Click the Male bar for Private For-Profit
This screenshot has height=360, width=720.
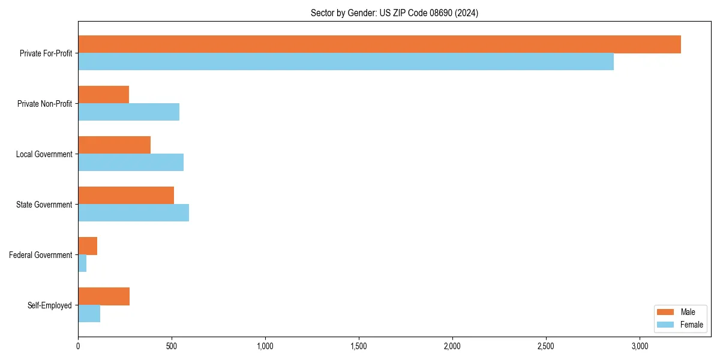(x=379, y=44)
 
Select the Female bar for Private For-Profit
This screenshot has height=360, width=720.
(x=346, y=62)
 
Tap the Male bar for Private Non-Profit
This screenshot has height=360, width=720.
(x=103, y=95)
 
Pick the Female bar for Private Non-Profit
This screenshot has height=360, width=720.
(x=128, y=112)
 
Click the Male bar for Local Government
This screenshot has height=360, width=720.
(x=114, y=145)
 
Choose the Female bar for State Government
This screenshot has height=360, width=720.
(x=133, y=213)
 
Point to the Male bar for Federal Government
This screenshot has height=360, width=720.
(x=88, y=246)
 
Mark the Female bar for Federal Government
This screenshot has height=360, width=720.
(x=82, y=263)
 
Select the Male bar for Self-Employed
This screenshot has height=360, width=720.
(x=104, y=296)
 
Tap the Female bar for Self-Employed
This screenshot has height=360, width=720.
(x=89, y=314)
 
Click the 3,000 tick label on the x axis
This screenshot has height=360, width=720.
(x=640, y=346)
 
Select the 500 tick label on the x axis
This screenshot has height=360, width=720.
(x=172, y=346)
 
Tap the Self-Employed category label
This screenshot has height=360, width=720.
(x=50, y=305)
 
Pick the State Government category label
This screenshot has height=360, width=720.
(x=44, y=205)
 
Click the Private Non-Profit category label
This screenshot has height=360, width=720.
(x=44, y=104)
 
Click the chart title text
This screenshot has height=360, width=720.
(x=394, y=13)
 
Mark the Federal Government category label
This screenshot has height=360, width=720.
(x=41, y=255)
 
